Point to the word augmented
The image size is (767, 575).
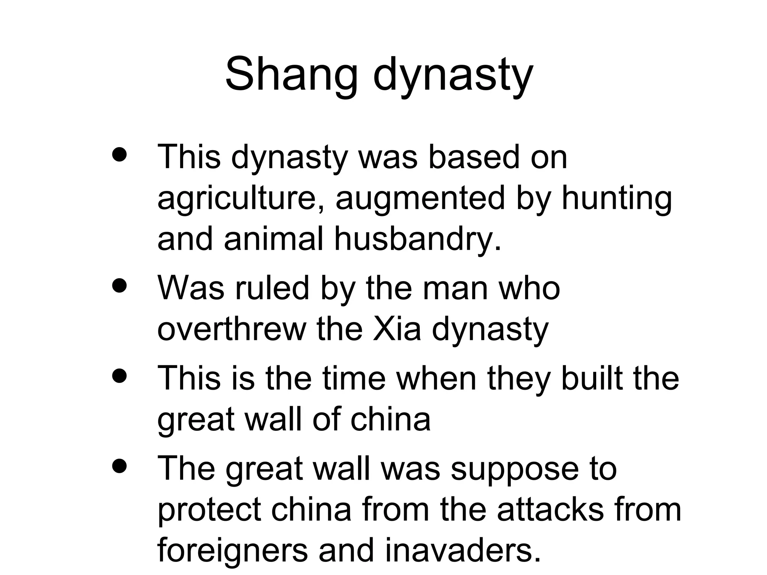coord(420,198)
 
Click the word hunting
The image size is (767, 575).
coord(616,198)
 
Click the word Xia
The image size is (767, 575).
coord(397,329)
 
